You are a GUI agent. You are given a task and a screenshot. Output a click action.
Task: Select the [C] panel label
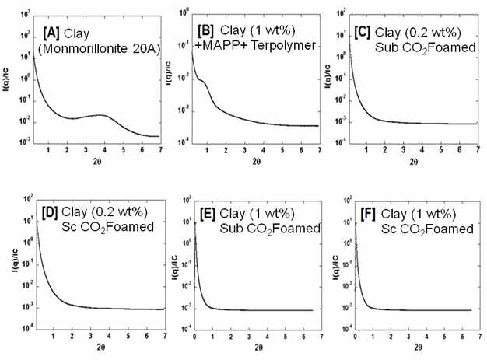pyautogui.click(x=363, y=33)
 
